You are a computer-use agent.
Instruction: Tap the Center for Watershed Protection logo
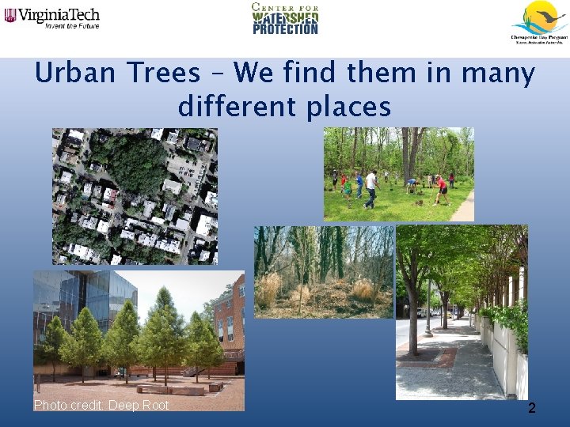(285, 19)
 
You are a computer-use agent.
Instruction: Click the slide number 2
(532, 408)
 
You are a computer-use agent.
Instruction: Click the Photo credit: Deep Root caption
(101, 405)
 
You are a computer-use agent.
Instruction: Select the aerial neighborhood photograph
(135, 195)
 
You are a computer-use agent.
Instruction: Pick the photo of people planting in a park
(398, 174)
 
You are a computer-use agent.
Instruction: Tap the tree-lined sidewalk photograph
(461, 312)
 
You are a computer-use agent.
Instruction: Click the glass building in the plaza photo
(87, 300)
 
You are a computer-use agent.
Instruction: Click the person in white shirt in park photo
(370, 187)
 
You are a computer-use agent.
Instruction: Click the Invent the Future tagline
(72, 25)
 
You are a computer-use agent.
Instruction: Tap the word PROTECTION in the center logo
(286, 29)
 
